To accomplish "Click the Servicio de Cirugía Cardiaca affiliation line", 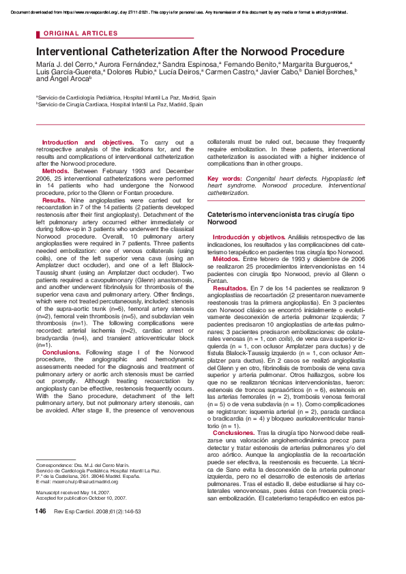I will click(x=120, y=105).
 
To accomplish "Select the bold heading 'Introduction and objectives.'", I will click(x=88, y=142).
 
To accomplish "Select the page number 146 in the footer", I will click(x=41, y=530).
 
